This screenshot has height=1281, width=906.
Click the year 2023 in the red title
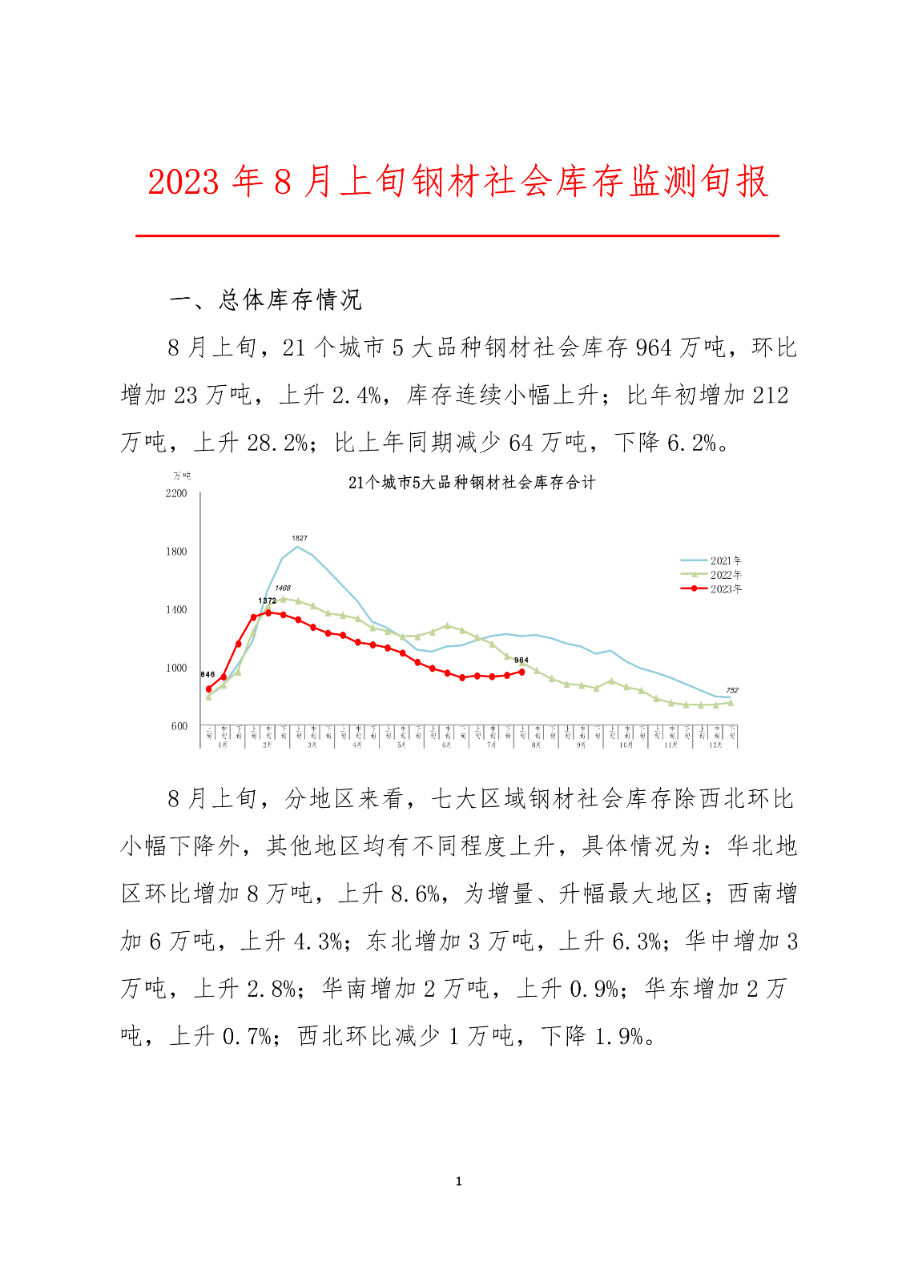pos(183,183)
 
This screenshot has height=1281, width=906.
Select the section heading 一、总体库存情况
pos(266,300)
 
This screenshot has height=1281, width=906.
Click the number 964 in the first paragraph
pos(653,347)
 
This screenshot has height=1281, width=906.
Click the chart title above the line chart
pos(472,482)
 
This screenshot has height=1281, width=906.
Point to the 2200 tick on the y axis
pos(176,493)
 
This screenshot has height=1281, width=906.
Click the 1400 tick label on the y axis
pos(176,610)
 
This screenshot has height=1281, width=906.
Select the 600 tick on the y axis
pos(179,726)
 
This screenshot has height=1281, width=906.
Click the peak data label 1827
pos(299,538)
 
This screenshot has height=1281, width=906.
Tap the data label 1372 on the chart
pos(267,600)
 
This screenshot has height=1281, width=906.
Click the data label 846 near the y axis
pos(207,675)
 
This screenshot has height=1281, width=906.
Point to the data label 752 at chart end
pos(731,690)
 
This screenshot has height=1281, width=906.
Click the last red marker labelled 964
pos(522,672)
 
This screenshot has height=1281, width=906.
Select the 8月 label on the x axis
pos(537,745)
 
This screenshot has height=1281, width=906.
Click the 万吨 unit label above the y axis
pos(182,476)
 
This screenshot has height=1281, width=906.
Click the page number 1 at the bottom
pos(458,1181)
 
